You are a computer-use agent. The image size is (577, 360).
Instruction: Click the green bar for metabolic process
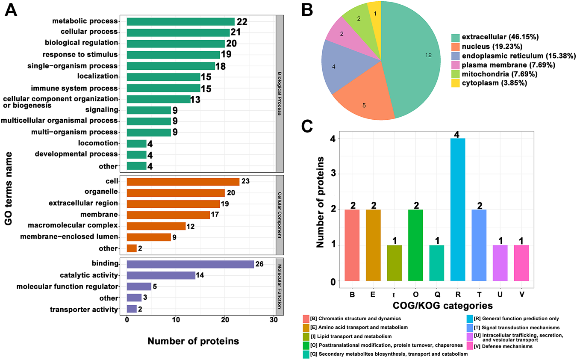click(x=180, y=21)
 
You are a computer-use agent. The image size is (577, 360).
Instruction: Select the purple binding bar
click(x=190, y=264)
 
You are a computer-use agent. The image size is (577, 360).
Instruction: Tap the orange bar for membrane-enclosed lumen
click(x=149, y=237)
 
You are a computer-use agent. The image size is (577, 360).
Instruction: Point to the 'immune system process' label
click(x=74, y=89)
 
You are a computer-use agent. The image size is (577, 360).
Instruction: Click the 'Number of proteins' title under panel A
click(x=193, y=341)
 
